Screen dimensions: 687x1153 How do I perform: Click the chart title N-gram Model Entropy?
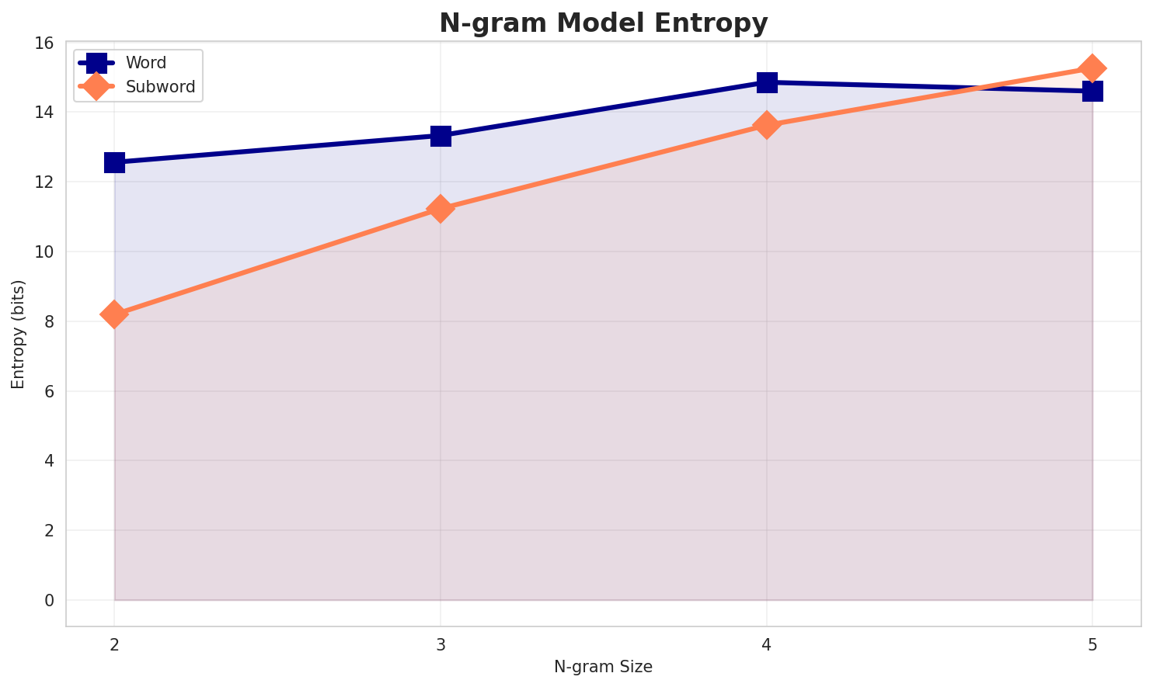(x=603, y=23)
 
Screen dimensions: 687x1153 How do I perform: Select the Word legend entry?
(x=145, y=63)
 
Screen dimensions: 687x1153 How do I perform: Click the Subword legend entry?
(x=160, y=87)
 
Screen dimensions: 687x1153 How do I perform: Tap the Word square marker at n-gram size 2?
(x=114, y=162)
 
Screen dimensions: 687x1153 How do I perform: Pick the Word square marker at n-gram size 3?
(x=441, y=136)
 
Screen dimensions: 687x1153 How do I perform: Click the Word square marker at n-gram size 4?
(x=767, y=82)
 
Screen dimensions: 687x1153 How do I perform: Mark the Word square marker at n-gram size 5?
(x=1092, y=92)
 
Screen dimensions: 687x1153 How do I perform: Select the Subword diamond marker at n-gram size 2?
(x=114, y=314)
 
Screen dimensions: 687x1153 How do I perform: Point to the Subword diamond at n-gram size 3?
(x=441, y=209)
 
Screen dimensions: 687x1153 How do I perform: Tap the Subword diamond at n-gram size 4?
(x=767, y=125)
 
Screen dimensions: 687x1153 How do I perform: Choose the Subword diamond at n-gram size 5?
(x=1092, y=68)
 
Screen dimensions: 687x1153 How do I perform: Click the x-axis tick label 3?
(x=441, y=644)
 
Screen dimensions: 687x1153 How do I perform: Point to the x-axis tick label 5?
(x=1092, y=644)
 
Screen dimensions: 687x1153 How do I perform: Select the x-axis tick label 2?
(x=114, y=644)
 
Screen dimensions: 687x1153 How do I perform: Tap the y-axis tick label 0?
(x=50, y=600)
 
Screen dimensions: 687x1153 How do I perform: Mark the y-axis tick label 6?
(x=50, y=391)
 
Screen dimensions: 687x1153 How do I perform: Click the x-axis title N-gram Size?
(x=603, y=667)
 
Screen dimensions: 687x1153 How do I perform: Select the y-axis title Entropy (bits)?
(x=18, y=335)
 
